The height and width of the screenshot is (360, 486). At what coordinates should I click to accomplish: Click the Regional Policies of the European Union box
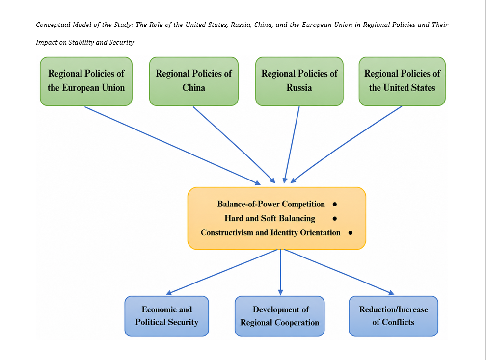tap(86, 81)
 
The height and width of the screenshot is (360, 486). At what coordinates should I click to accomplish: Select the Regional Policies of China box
tap(194, 81)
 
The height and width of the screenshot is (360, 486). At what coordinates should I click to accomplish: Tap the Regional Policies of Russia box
tap(299, 81)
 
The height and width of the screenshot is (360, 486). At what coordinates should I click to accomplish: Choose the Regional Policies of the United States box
tap(402, 81)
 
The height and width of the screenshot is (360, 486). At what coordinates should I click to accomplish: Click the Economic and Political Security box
tap(167, 316)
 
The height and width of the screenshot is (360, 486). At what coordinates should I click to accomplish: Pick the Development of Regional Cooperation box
tap(280, 316)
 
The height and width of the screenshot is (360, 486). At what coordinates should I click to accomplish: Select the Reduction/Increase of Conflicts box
tap(393, 316)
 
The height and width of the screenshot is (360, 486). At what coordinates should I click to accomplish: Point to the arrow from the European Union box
tap(173, 146)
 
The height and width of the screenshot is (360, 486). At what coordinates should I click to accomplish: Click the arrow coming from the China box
tap(234, 145)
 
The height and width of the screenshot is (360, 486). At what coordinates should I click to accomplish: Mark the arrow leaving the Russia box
tap(292, 145)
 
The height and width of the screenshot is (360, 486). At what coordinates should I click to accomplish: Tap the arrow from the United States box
tap(346, 145)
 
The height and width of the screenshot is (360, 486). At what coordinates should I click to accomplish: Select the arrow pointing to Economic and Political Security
tap(221, 272)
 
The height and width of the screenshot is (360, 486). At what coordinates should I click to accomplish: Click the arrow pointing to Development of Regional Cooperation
tap(280, 272)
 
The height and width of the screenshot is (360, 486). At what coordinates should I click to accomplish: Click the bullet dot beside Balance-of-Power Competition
tap(335, 204)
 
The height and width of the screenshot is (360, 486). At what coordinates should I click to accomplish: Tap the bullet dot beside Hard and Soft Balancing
tap(335, 219)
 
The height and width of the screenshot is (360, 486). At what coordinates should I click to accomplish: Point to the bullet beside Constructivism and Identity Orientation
tap(350, 233)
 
